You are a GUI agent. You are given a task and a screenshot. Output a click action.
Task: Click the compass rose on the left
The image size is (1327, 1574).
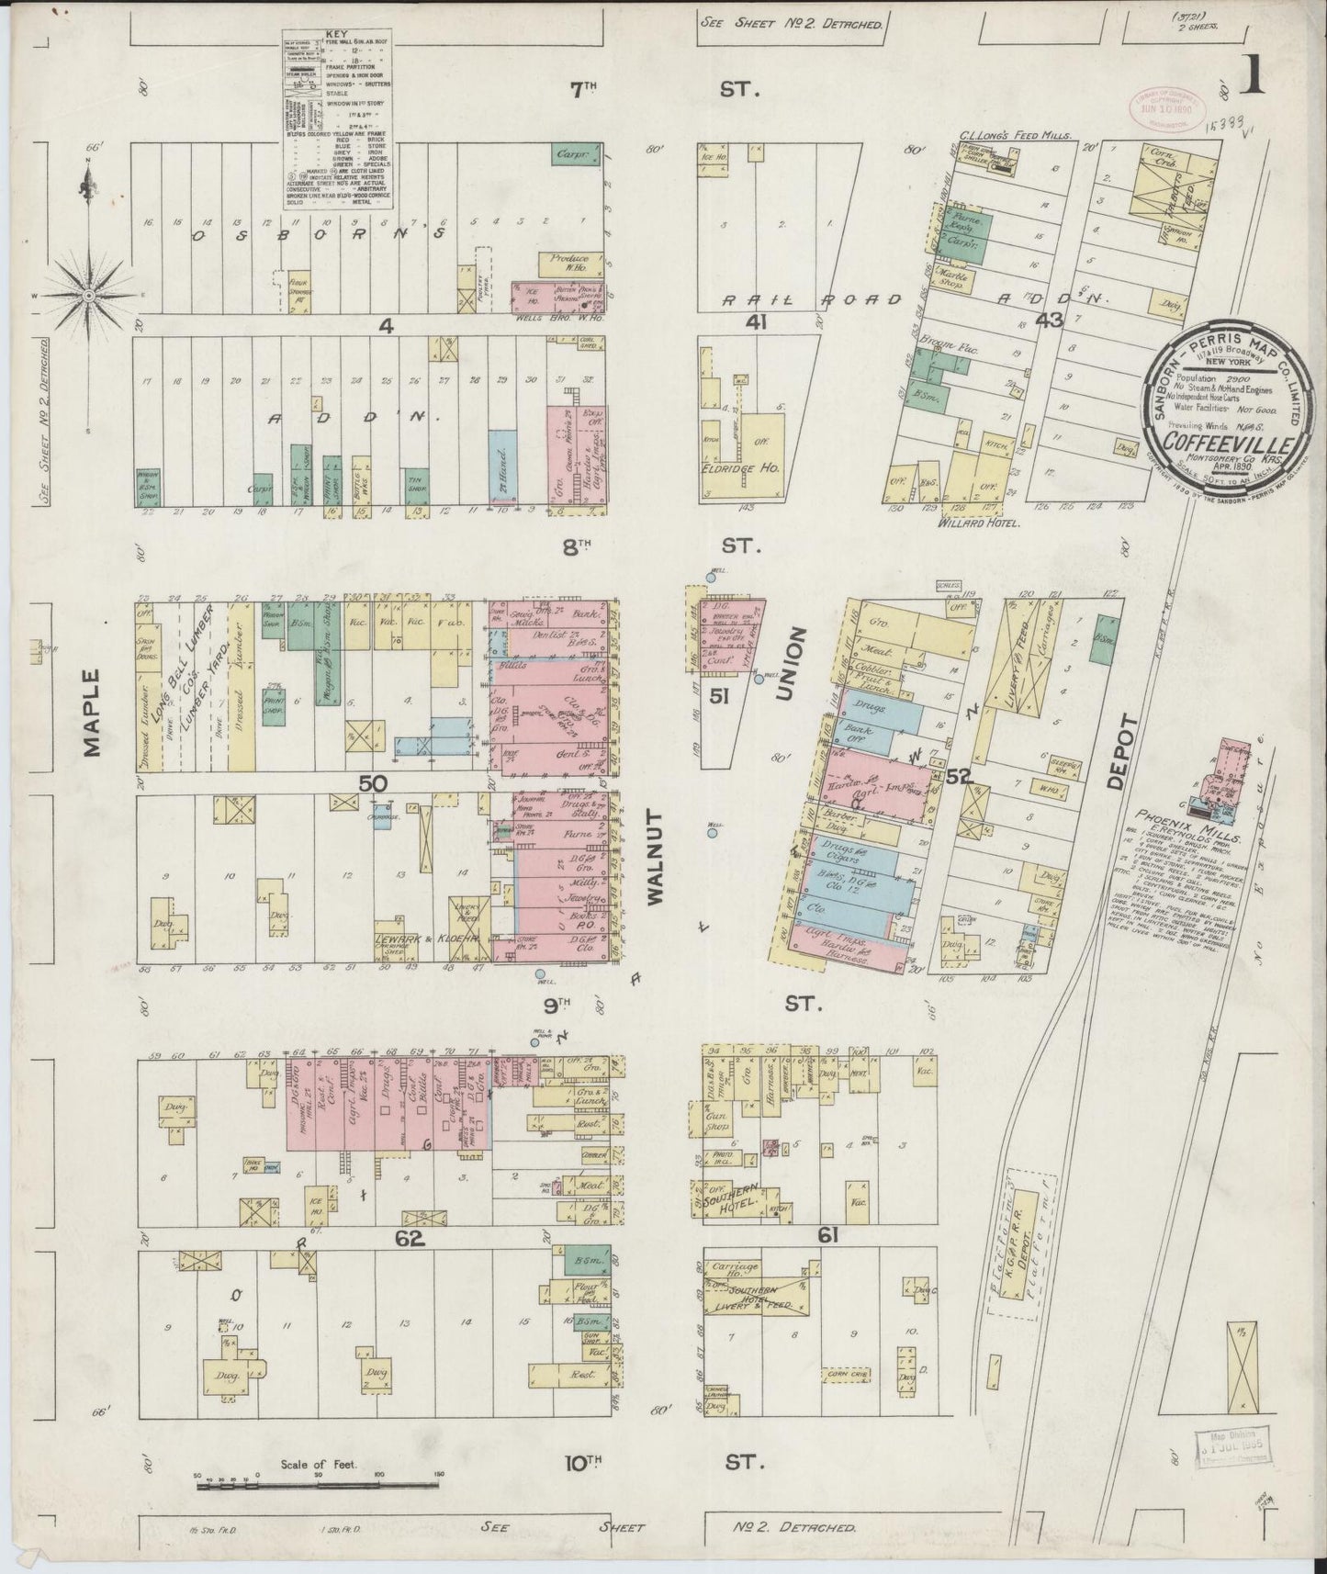tap(88, 297)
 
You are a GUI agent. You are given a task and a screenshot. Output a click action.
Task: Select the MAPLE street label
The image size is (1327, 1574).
tap(93, 713)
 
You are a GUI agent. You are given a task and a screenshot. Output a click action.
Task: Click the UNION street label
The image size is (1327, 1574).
tap(788, 665)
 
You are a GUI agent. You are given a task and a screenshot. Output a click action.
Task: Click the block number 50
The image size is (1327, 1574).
tap(374, 782)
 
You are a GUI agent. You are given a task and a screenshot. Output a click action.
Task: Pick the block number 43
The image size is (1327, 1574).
tap(1049, 320)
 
